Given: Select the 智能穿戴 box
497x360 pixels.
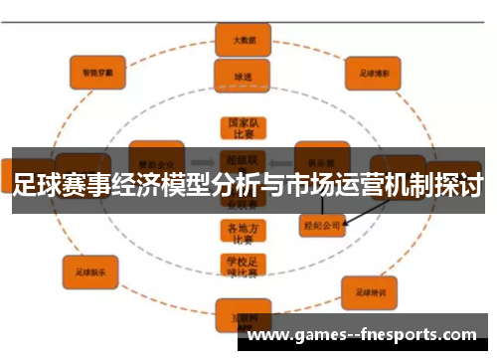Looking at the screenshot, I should pyautogui.click(x=96, y=71).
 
